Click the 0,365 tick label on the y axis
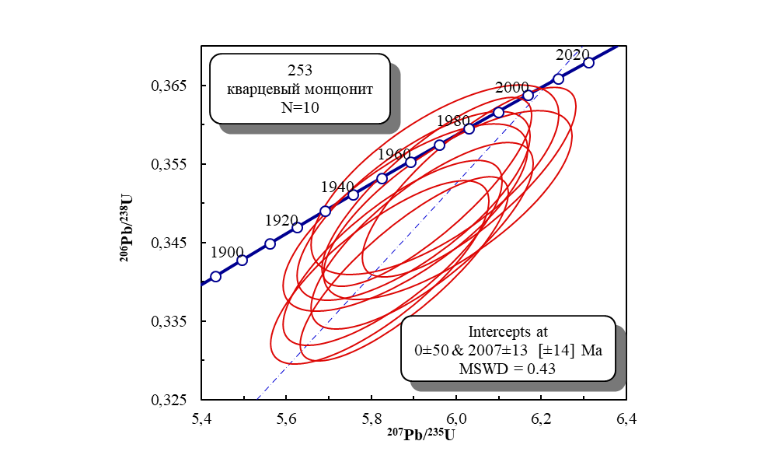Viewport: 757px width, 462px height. pyautogui.click(x=168, y=86)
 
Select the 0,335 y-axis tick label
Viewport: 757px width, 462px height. pyautogui.click(x=168, y=321)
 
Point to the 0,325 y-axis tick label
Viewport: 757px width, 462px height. pyautogui.click(x=168, y=400)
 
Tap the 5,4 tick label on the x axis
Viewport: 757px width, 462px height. pyautogui.click(x=202, y=419)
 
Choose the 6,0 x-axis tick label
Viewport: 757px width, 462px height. pyautogui.click(x=456, y=419)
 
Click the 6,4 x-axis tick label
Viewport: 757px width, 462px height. pyautogui.click(x=626, y=419)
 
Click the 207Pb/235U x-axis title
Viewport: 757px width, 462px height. pyautogui.click(x=421, y=434)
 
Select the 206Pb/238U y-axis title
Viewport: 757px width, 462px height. pyautogui.click(x=126, y=228)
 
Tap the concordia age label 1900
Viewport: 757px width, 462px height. pyautogui.click(x=227, y=252)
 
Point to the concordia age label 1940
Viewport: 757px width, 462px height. pyautogui.click(x=337, y=187)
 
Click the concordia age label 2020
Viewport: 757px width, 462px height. pyautogui.click(x=573, y=54)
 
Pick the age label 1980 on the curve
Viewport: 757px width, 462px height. pyautogui.click(x=453, y=121)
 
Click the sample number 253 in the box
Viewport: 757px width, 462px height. pyautogui.click(x=300, y=71)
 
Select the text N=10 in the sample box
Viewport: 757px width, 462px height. pyautogui.click(x=300, y=107)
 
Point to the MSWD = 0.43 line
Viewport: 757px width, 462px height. pyautogui.click(x=507, y=369)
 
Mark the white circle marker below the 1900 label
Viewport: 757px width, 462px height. pyautogui.click(x=216, y=276)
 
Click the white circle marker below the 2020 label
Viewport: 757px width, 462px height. pyautogui.click(x=588, y=62)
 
